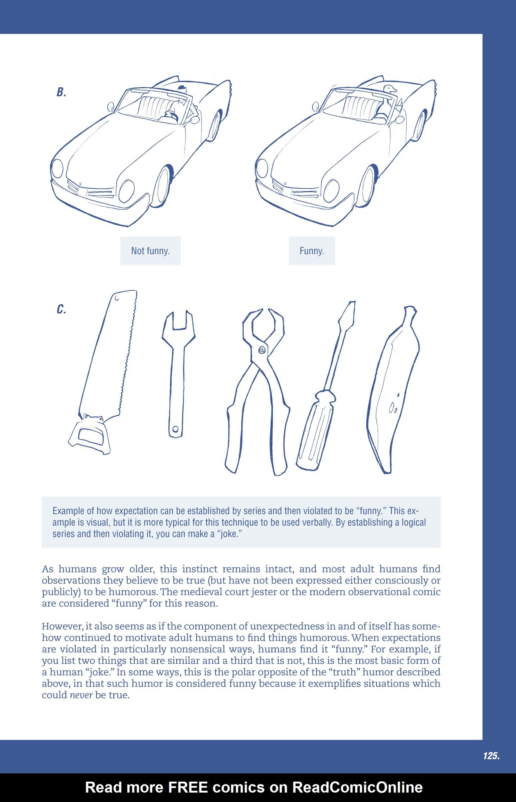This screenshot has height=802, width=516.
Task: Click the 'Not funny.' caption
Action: coord(150,251)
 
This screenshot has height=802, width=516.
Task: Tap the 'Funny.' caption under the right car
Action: coord(311,251)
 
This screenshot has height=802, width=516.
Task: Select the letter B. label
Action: coord(61,92)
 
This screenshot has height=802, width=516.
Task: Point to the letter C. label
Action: coord(61,309)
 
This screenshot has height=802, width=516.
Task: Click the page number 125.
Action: coord(491,756)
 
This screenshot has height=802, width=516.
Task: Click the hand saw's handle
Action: coord(89,435)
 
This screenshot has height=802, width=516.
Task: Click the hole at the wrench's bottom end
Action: coord(176,429)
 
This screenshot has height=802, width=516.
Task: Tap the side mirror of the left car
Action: coord(111,106)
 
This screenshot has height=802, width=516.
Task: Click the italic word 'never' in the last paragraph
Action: coord(81,695)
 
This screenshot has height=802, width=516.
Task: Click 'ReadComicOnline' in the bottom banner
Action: coord(357,787)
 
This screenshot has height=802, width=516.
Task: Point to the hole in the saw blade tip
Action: coord(117,299)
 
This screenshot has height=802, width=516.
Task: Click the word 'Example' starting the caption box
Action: coord(68,511)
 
